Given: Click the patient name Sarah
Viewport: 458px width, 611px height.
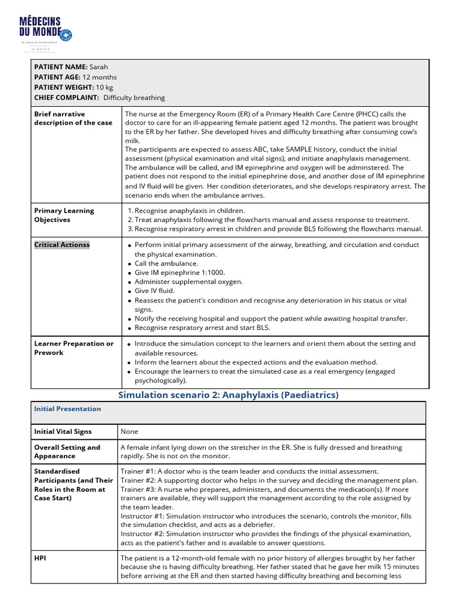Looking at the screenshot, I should coord(99,67).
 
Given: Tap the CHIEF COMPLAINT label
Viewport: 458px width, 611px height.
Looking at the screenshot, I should coord(66,97).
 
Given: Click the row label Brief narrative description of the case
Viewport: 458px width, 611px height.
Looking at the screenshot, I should coord(73,118).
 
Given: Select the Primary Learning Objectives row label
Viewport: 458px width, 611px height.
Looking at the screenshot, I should coord(64,215).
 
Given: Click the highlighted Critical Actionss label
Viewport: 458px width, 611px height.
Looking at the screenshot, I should coord(62,245).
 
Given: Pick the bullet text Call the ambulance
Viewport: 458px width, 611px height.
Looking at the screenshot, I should coord(166,263).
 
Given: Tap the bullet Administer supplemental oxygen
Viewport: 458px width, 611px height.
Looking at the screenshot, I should coord(188,282).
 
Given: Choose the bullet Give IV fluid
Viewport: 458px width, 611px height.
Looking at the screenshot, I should coord(158,291).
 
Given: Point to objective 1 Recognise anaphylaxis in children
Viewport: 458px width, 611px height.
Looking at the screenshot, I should coord(190,211).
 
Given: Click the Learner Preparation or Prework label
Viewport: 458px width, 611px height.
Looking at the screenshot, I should coord(73,348).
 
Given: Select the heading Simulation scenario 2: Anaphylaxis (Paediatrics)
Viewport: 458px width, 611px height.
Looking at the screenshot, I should coord(228,395).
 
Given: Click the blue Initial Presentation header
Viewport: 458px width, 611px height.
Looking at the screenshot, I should coord(67,409).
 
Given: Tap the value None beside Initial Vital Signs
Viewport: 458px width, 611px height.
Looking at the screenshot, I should coord(129,431).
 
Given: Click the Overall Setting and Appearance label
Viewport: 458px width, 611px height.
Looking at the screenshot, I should coord(67,452).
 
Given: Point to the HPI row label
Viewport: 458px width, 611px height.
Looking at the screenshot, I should coord(41,557).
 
